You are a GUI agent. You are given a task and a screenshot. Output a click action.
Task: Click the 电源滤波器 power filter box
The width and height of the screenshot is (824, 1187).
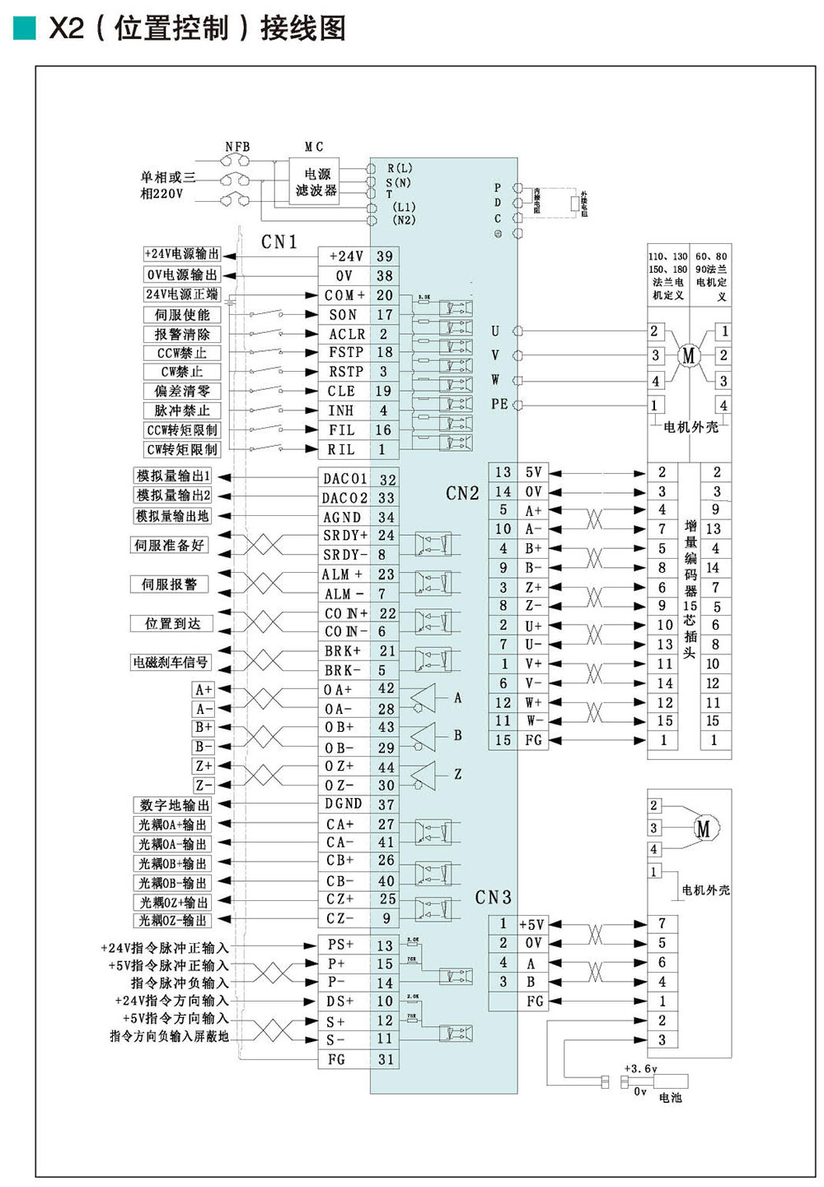point(317,181)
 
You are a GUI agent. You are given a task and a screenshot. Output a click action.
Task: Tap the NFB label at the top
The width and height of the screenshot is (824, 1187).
point(237,147)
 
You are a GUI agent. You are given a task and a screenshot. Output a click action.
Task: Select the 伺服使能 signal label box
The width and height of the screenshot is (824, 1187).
point(182,315)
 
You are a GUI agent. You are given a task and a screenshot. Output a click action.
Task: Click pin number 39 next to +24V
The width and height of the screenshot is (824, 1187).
point(385,256)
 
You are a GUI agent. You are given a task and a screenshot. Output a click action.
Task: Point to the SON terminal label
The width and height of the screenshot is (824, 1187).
point(344,315)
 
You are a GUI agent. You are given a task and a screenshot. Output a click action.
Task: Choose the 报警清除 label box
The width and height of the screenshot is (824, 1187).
point(182,334)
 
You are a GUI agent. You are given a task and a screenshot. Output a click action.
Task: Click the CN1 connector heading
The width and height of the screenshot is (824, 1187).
point(279,242)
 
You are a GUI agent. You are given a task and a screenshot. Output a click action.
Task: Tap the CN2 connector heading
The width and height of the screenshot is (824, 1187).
point(462,493)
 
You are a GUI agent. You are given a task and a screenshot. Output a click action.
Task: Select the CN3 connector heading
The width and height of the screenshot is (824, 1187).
point(493,897)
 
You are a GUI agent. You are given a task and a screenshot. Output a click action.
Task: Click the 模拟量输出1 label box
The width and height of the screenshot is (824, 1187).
point(174,476)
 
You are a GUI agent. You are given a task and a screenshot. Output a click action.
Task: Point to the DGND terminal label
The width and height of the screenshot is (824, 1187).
point(344,805)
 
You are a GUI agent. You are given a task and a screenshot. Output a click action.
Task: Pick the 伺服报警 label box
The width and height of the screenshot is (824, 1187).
point(169,584)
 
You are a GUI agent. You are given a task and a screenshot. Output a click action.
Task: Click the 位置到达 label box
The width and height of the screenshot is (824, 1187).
point(172,623)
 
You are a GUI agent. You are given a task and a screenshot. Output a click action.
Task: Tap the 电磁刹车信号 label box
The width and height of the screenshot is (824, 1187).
point(171,662)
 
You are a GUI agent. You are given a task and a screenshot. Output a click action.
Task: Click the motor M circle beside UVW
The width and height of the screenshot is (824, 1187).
point(689,355)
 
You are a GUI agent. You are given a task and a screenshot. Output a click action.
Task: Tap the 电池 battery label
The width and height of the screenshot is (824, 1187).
point(671,1098)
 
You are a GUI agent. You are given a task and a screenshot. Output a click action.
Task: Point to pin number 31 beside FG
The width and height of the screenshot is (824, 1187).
point(386,1059)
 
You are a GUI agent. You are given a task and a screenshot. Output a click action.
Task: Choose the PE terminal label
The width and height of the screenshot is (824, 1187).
point(499,404)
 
